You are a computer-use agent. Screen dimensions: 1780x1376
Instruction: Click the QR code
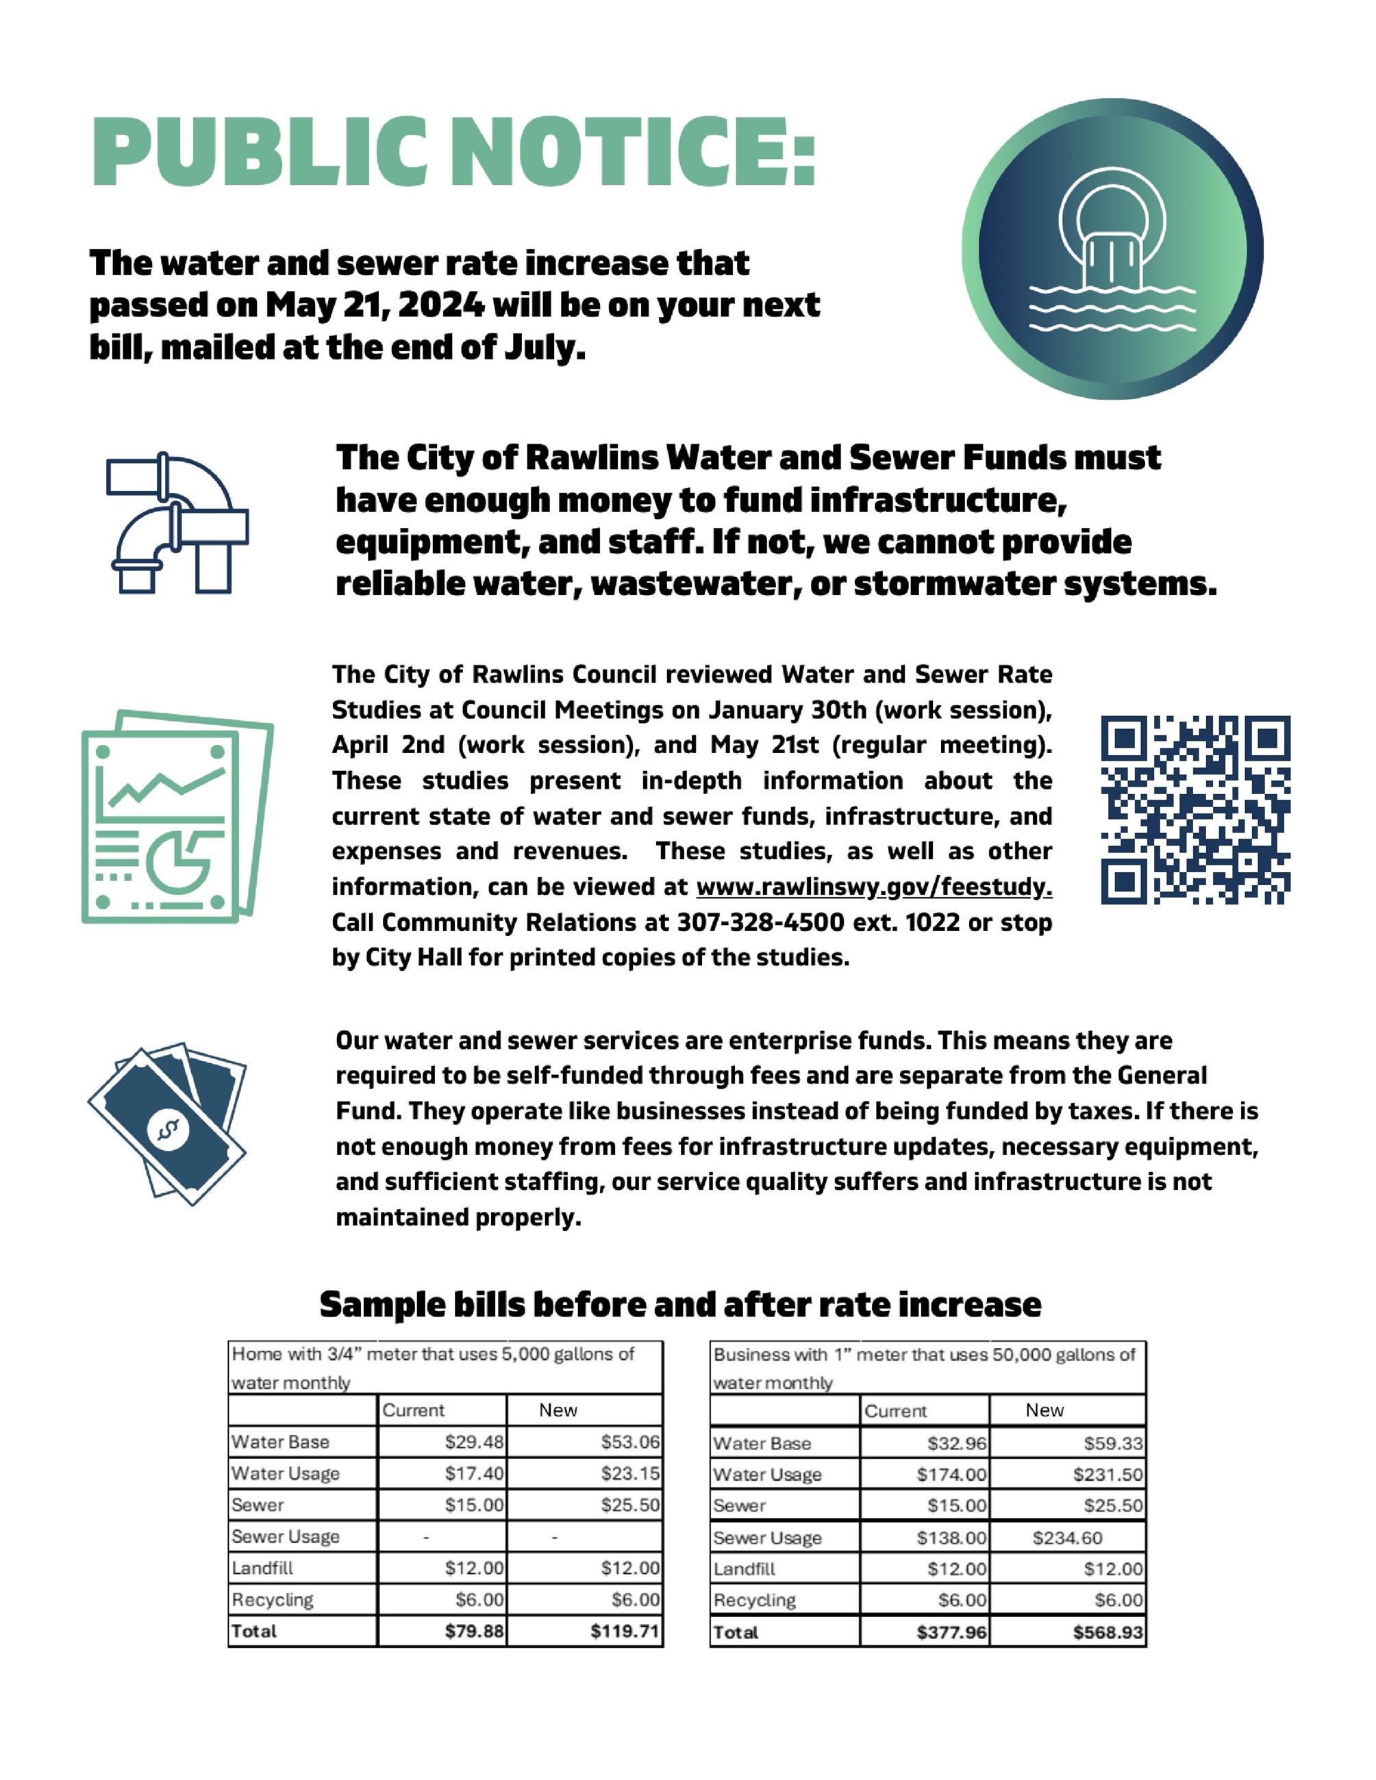pyautogui.click(x=1195, y=809)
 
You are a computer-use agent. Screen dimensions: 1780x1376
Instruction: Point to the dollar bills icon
pyautogui.click(x=168, y=1125)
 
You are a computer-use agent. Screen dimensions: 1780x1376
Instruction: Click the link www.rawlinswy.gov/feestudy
pyautogui.click(x=874, y=887)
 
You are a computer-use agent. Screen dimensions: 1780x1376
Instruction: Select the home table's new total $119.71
pyautogui.click(x=625, y=1631)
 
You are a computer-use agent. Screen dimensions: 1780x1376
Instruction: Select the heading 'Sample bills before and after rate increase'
pyautogui.click(x=680, y=1305)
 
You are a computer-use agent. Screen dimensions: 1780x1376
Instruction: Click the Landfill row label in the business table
pyautogui.click(x=745, y=1569)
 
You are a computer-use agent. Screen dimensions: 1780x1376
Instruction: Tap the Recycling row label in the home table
pyautogui.click(x=273, y=1600)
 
